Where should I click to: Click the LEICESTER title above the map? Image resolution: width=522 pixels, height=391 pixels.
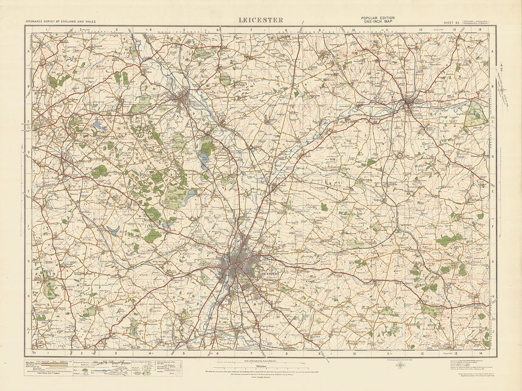(261, 20)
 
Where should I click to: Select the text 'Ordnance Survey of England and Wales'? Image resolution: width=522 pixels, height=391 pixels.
(60, 21)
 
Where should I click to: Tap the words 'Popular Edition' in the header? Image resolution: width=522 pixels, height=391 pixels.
(378, 18)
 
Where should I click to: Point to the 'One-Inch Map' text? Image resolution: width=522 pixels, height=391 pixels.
(378, 22)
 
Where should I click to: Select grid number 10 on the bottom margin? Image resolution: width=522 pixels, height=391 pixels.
(354, 353)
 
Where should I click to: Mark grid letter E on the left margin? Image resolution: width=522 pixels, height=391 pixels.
(28, 189)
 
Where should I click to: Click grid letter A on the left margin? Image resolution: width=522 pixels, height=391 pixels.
(28, 52)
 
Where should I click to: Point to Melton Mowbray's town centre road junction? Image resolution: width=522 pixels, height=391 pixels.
(409, 104)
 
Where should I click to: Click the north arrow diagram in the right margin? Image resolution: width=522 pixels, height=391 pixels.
(502, 81)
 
